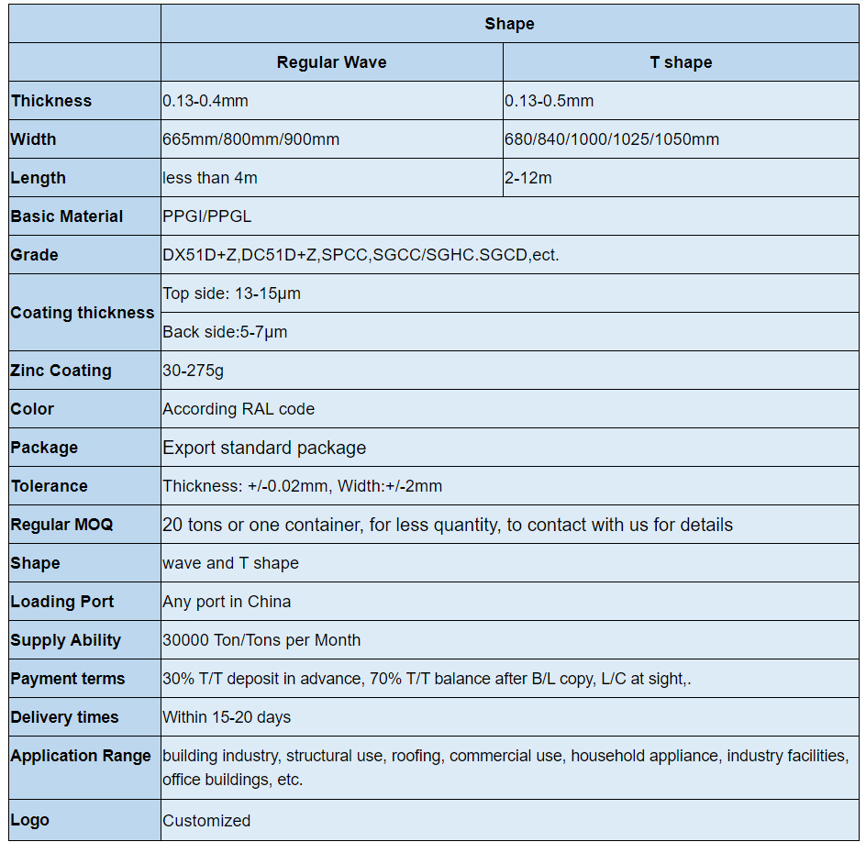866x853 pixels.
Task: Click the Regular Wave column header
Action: click(331, 62)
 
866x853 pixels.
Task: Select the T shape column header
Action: click(680, 62)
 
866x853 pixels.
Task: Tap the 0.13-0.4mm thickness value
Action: click(205, 101)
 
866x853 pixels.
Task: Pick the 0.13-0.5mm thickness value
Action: click(549, 101)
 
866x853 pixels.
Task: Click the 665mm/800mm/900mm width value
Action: click(251, 139)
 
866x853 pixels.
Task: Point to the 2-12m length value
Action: click(528, 178)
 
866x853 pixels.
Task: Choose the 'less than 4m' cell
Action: click(210, 178)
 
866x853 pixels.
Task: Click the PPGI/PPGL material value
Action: click(207, 216)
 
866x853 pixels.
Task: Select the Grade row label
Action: click(34, 255)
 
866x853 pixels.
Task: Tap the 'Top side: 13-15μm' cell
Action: click(231, 294)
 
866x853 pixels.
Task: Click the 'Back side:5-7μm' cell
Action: click(225, 332)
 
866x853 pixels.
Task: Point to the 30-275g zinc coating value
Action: click(193, 371)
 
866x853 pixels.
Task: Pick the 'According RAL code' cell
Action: click(239, 409)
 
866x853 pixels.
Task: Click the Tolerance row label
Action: click(49, 486)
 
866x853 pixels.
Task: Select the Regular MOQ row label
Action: click(61, 525)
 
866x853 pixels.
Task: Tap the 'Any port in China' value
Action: click(227, 602)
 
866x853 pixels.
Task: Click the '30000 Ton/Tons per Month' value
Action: click(261, 640)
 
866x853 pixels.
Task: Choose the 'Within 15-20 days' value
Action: click(227, 717)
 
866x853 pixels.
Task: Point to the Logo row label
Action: click(29, 820)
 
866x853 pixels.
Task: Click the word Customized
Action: click(206, 821)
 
